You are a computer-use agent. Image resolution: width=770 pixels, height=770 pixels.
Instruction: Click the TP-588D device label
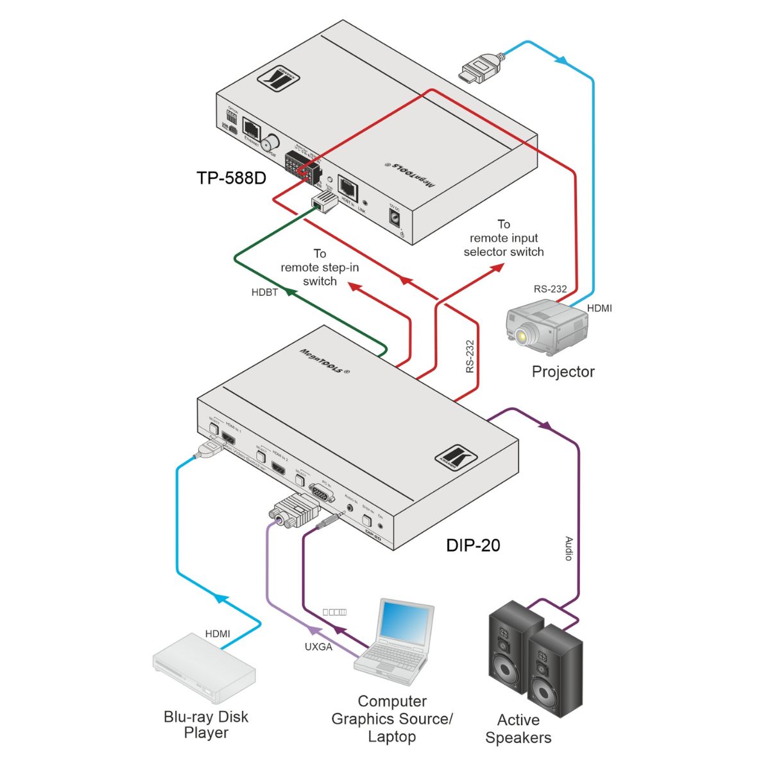[x=231, y=177]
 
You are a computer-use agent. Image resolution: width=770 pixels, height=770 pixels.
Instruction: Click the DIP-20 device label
[x=473, y=545]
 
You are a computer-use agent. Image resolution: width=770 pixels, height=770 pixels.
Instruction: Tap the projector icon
[x=546, y=327]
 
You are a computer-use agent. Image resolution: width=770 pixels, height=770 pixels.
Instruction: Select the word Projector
[x=563, y=372]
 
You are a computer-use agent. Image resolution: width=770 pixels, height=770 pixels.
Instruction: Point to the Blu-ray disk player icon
[x=204, y=668]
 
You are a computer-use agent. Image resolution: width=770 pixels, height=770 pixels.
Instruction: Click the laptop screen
[x=405, y=621]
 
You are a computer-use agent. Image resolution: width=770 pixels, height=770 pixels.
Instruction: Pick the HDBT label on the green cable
[x=264, y=293]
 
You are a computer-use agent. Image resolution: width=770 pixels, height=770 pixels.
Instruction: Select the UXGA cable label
[x=318, y=647]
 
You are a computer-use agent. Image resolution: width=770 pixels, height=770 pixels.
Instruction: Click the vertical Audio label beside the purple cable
[x=568, y=549]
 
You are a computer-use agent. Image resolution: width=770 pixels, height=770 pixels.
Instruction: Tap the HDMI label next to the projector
[x=599, y=309]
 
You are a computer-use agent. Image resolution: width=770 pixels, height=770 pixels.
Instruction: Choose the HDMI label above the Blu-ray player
[x=218, y=634]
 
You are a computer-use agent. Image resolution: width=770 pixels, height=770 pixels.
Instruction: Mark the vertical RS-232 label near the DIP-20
[x=470, y=357]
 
